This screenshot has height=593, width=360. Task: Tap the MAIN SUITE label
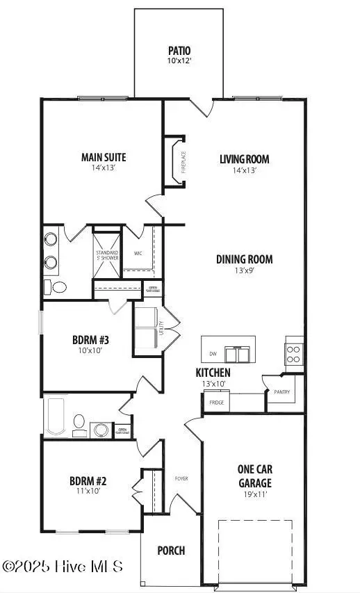click(x=103, y=157)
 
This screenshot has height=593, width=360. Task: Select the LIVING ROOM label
click(x=244, y=159)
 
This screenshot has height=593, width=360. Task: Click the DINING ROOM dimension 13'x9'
click(x=243, y=272)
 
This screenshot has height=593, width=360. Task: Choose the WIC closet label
click(x=147, y=253)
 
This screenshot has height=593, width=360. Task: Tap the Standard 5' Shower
click(x=107, y=254)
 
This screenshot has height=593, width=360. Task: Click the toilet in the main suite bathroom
click(x=58, y=286)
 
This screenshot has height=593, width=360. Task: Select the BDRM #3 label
click(x=91, y=340)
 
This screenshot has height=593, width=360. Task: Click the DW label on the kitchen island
click(x=213, y=354)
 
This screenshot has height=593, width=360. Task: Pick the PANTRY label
click(x=281, y=392)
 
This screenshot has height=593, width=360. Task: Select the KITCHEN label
click(x=213, y=373)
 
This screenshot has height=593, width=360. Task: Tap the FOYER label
click(x=181, y=479)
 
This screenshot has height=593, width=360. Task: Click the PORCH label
click(x=171, y=551)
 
